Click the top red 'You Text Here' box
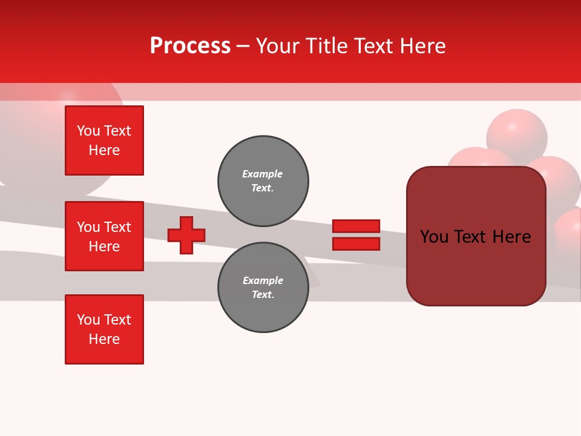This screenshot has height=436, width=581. pos(104,140)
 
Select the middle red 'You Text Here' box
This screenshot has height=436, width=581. pos(104,236)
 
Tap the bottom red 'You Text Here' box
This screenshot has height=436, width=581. pos(104,329)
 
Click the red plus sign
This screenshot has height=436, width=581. pos(186,235)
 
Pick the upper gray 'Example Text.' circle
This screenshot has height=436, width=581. pos(263,181)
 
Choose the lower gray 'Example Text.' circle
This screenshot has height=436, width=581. pos(263,288)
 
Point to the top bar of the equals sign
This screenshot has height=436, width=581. pos(356,226)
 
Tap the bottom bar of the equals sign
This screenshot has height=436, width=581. pos(356,243)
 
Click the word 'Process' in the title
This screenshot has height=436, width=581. pos(190,45)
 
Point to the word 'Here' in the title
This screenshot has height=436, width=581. pos(424,45)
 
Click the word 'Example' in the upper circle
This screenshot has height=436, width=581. pos(263,174)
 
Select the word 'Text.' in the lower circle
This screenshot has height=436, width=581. pos(263,295)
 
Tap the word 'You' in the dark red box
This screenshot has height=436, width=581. pos(434,237)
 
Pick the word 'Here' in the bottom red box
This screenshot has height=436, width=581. pos(104,339)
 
